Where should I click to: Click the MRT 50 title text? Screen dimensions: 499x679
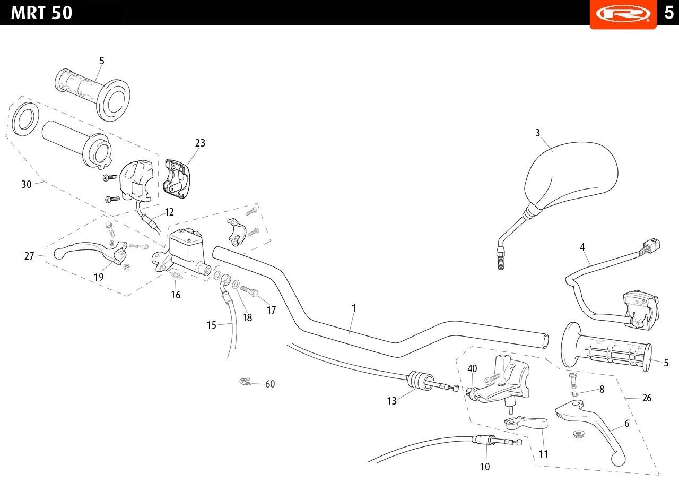click(x=41, y=13)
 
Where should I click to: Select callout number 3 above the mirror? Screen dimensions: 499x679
click(x=537, y=133)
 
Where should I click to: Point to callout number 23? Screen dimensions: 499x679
click(x=200, y=143)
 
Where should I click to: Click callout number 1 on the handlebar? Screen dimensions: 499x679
click(x=354, y=308)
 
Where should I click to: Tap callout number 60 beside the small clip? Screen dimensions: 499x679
click(x=270, y=384)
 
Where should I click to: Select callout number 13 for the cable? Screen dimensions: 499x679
click(x=392, y=401)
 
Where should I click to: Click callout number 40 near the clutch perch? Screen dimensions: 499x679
click(x=472, y=368)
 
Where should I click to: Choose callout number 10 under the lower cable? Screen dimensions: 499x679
click(x=485, y=467)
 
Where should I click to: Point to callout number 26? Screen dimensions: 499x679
click(x=647, y=398)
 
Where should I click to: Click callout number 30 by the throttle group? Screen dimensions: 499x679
click(x=27, y=184)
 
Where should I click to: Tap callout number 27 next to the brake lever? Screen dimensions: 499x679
click(x=29, y=256)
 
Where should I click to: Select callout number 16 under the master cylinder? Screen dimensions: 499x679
click(x=176, y=295)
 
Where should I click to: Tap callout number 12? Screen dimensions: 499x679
click(x=169, y=212)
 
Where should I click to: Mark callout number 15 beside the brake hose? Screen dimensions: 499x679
click(x=212, y=325)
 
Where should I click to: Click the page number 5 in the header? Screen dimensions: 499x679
click(x=669, y=13)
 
